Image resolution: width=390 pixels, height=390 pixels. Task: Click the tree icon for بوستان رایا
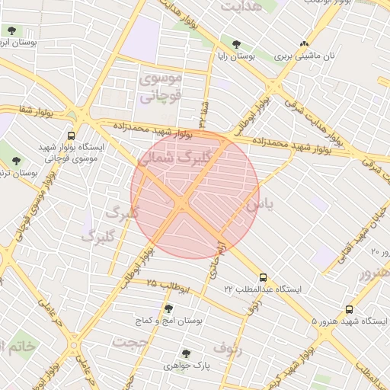[236, 43]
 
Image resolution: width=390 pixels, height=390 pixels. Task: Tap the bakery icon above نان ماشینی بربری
[305, 43]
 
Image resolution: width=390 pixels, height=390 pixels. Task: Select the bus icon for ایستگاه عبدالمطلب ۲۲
[264, 277]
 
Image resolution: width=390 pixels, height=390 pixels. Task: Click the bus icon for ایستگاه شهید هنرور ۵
[350, 309]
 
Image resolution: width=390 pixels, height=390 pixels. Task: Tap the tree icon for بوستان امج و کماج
[168, 308]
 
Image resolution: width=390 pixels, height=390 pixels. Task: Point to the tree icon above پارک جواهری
[185, 353]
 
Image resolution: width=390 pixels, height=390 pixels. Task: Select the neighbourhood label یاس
[257, 206]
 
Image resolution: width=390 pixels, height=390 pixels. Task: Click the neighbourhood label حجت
[129, 342]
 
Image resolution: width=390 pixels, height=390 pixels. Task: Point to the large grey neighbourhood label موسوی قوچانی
[160, 88]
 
